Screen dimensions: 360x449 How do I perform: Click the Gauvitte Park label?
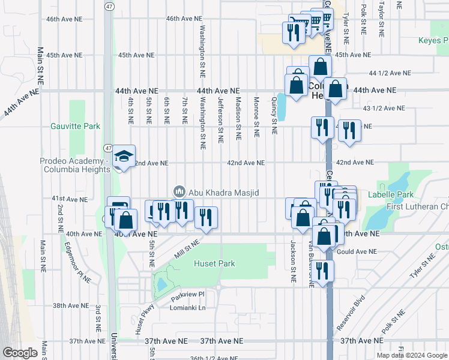tap(74, 127)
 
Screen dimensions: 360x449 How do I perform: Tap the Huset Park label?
tap(214, 263)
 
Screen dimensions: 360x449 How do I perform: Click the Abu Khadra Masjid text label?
tap(224, 192)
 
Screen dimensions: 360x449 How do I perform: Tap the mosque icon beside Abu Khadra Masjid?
tap(178, 192)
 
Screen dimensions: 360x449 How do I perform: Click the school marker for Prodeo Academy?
tap(124, 157)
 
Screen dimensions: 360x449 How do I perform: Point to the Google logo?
tap(20, 353)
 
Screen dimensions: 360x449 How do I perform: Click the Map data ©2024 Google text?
tap(411, 355)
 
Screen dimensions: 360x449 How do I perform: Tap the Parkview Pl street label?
tap(187, 295)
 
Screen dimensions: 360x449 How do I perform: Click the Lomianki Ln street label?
tap(188, 308)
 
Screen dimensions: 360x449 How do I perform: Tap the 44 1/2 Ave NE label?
tap(390, 73)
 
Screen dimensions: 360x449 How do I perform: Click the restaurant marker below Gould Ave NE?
tap(324, 272)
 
